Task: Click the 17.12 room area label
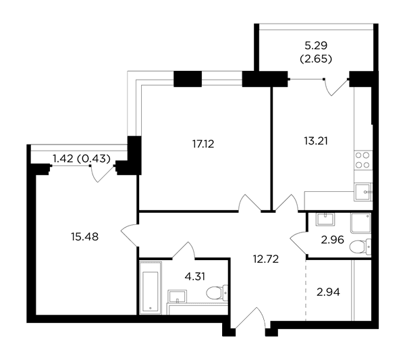[x=203, y=144]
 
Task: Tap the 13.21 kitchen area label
[x=316, y=141]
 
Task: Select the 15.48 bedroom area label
[x=85, y=236]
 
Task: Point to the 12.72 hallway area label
[x=266, y=259]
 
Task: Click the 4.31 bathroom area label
[x=195, y=276]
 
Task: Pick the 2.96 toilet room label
[x=332, y=240]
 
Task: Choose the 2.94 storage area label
[x=328, y=292]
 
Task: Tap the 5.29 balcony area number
[x=316, y=46]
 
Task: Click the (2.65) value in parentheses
[x=316, y=59]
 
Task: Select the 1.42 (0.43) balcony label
[x=82, y=159]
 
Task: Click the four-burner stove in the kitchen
[x=362, y=160]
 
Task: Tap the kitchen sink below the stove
[x=363, y=192]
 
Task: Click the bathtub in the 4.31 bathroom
[x=150, y=288]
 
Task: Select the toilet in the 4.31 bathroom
[x=217, y=293]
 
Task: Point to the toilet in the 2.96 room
[x=360, y=247]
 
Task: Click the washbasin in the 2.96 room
[x=325, y=220]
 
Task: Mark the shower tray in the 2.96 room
[x=361, y=223]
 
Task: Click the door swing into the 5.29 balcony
[x=337, y=87]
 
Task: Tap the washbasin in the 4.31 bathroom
[x=177, y=296]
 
